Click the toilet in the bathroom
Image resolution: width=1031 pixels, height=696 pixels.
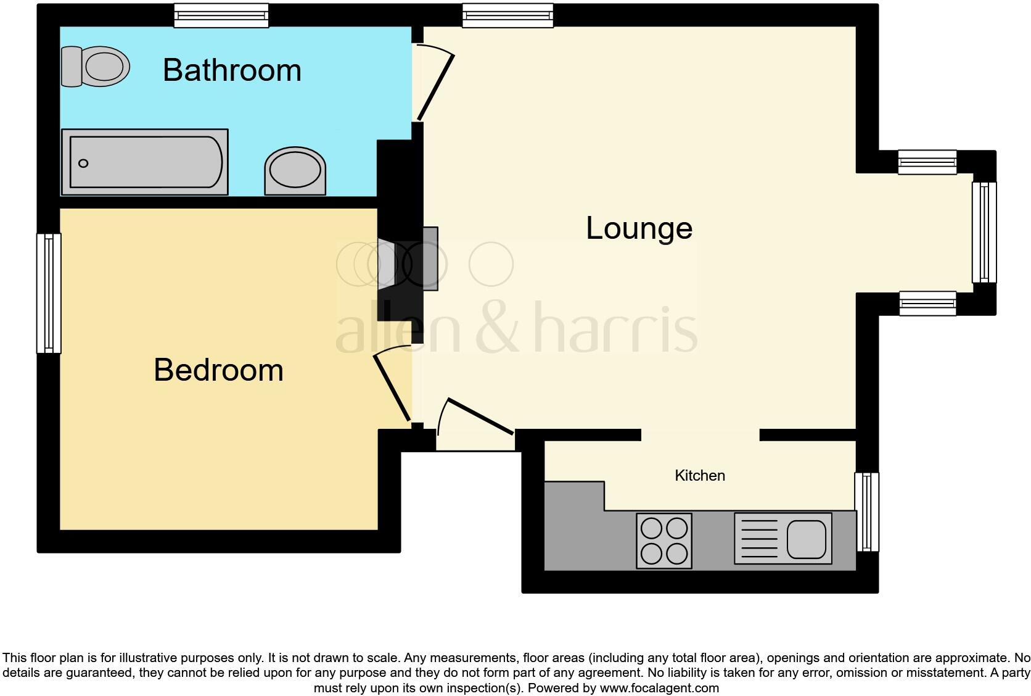pyautogui.click(x=96, y=66)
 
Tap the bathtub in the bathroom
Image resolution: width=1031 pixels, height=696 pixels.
pyautogui.click(x=146, y=162)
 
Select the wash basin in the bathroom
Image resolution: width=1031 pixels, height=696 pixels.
pyautogui.click(x=295, y=171)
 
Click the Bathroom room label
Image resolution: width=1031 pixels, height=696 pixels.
pyautogui.click(x=232, y=70)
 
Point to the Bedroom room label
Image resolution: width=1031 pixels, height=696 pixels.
pyautogui.click(x=218, y=370)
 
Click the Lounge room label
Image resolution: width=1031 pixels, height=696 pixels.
pyautogui.click(x=639, y=228)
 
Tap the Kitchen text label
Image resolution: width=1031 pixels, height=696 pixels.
pyautogui.click(x=700, y=475)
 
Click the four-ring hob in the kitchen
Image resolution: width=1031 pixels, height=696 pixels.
pyautogui.click(x=664, y=541)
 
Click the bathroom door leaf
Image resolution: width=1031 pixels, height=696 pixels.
pyautogui.click(x=437, y=87)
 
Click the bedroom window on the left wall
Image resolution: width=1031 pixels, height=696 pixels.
pyautogui.click(x=49, y=293)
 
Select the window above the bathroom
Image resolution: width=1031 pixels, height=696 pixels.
pyautogui.click(x=221, y=15)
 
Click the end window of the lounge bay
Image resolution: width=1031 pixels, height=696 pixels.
pyautogui.click(x=984, y=233)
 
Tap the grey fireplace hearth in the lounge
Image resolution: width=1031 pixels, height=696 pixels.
pyautogui.click(x=430, y=259)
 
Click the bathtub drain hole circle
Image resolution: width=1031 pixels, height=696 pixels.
pyautogui.click(x=83, y=164)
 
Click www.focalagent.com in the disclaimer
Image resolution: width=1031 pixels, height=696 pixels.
pyautogui.click(x=659, y=688)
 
